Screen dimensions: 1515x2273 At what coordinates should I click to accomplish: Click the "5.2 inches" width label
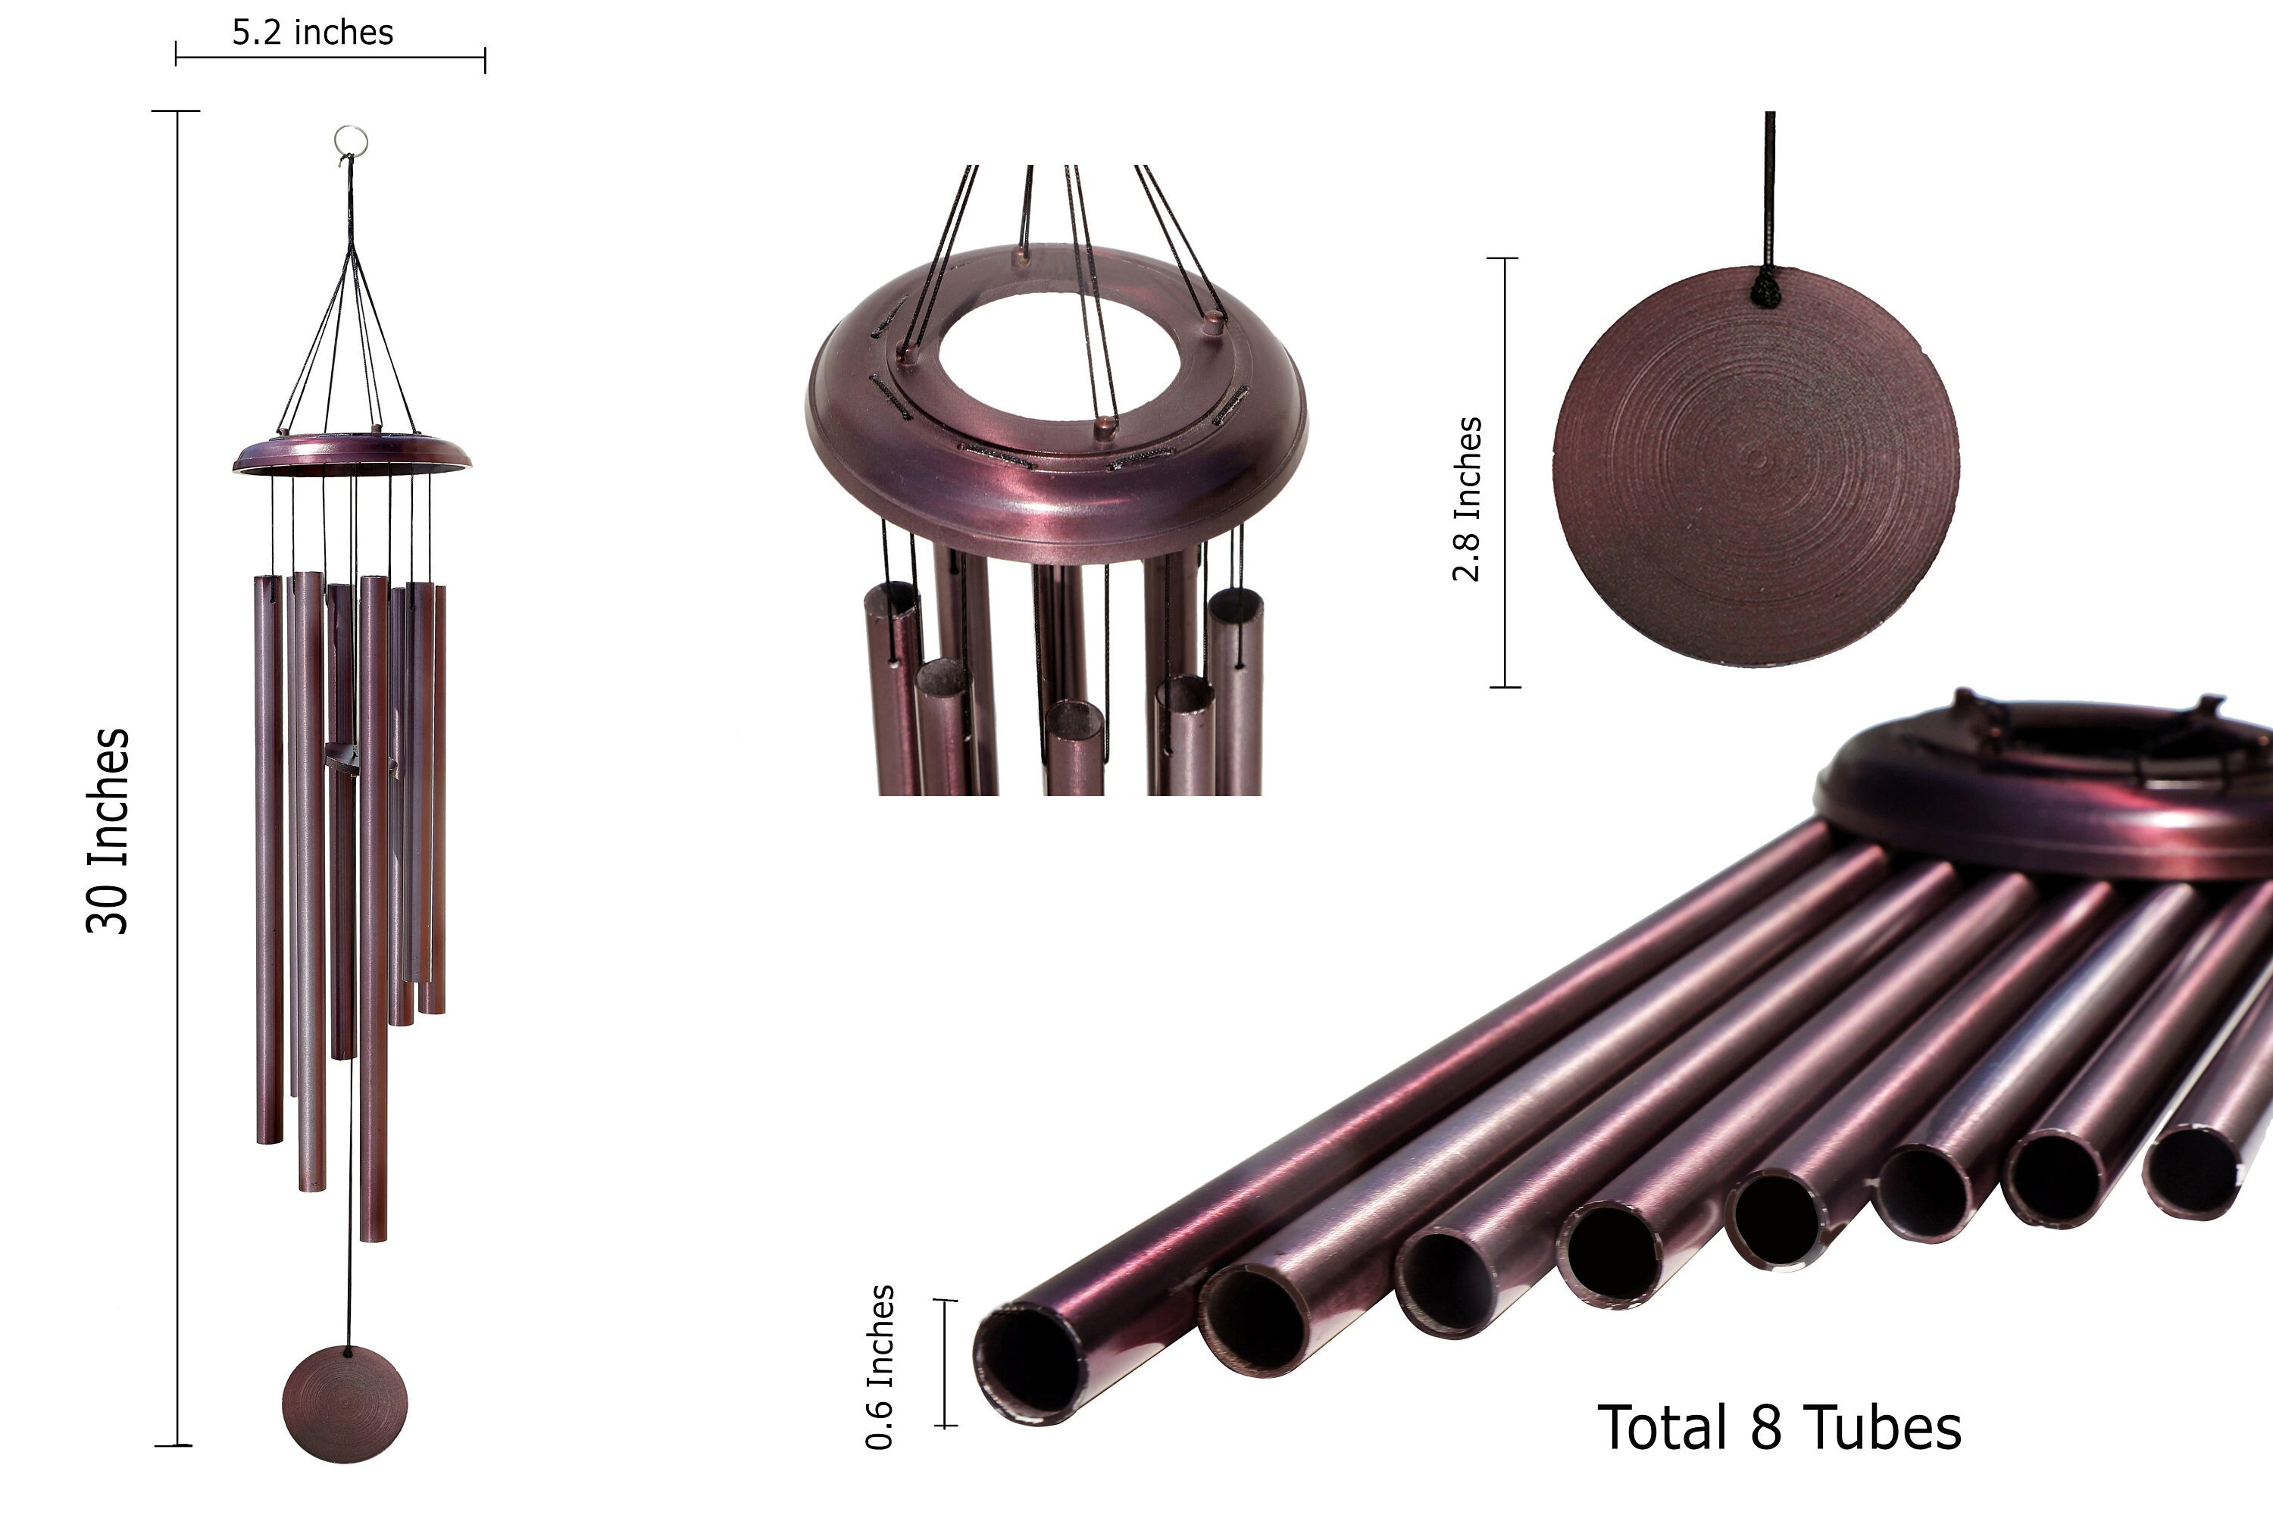[x=312, y=33]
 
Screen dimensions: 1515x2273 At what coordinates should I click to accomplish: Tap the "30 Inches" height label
[x=108, y=831]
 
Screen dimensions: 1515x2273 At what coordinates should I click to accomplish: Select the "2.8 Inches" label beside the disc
[x=1466, y=498]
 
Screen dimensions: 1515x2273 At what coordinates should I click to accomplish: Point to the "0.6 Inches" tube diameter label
[x=880, y=1367]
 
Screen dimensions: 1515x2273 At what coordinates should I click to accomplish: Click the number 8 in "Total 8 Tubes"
[x=1765, y=1428]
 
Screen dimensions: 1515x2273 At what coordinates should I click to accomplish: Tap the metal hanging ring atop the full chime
[x=351, y=140]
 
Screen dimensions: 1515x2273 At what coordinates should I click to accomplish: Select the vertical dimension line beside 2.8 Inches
[x=1505, y=473]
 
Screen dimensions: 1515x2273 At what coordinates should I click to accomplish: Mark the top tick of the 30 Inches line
[x=177, y=111]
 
